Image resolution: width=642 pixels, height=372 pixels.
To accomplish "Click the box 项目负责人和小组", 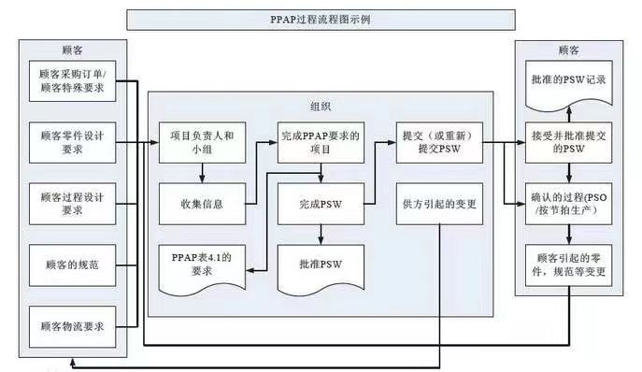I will pyautogui.click(x=201, y=142).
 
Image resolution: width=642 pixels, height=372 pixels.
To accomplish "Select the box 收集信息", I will pyautogui.click(x=201, y=202).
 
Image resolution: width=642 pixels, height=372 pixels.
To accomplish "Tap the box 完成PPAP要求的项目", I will pyautogui.click(x=320, y=142).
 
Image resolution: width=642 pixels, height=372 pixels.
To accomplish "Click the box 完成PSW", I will pyautogui.click(x=320, y=202).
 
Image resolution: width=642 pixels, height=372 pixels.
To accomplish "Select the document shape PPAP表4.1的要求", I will pyautogui.click(x=201, y=264).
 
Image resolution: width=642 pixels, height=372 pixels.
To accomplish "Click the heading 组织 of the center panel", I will pyautogui.click(x=320, y=107).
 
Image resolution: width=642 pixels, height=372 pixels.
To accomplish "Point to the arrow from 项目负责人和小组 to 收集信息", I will pyautogui.click(x=201, y=172).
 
